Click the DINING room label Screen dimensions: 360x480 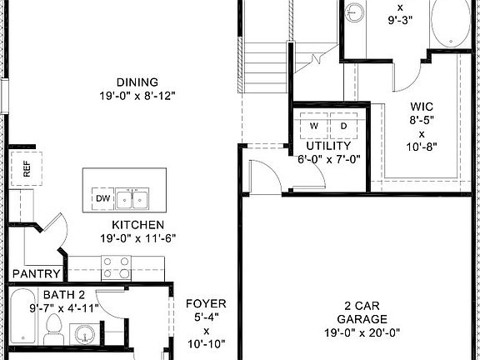pos(137,82)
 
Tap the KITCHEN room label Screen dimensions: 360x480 pos(137,225)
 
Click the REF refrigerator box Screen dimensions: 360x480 pos(26,170)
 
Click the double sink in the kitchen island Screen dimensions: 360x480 pos(132,200)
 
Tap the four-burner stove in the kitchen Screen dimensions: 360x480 pos(115,267)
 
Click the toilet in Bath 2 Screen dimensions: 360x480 pos(54,329)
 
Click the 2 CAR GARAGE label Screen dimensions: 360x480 pos(362,312)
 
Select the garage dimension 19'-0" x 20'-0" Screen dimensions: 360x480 pos(362,331)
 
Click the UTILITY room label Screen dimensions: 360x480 pos(328,146)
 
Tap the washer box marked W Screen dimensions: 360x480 pos(314,126)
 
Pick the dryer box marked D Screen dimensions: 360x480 pos(343,126)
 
